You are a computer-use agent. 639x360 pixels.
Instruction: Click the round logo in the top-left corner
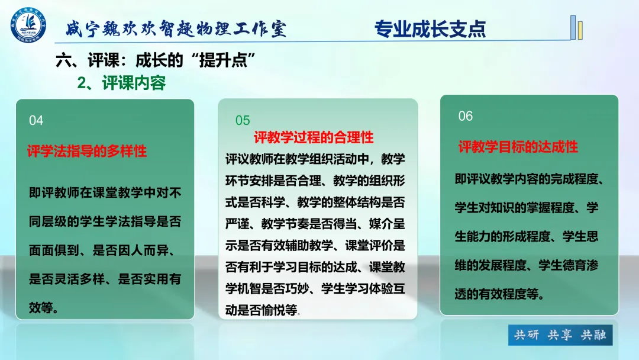[x=28, y=24]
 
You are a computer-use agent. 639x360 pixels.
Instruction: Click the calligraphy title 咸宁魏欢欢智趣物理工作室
[x=176, y=29]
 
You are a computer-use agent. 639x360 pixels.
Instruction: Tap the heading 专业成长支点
[x=430, y=29]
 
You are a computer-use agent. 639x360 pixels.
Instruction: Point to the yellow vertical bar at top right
[x=580, y=30]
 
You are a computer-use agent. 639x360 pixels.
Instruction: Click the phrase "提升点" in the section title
[x=223, y=60]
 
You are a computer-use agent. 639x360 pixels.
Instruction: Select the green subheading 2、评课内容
[x=121, y=83]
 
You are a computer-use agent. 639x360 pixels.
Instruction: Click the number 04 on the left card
[x=36, y=121]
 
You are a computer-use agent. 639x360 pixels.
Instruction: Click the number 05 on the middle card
[x=243, y=120]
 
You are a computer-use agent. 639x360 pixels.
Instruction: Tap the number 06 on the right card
[x=466, y=116]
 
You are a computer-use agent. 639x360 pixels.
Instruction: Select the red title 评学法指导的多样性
[x=87, y=151]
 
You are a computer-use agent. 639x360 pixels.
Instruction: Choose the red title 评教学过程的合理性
[x=314, y=137]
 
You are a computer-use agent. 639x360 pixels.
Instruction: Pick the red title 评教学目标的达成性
[x=518, y=147]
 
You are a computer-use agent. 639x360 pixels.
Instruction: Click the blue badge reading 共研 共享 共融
[x=560, y=335]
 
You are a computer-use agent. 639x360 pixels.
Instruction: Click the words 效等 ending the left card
[x=41, y=308]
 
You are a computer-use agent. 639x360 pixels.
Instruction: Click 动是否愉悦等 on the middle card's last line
[x=262, y=310]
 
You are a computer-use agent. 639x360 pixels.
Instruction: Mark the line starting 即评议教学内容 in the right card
[x=529, y=179]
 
